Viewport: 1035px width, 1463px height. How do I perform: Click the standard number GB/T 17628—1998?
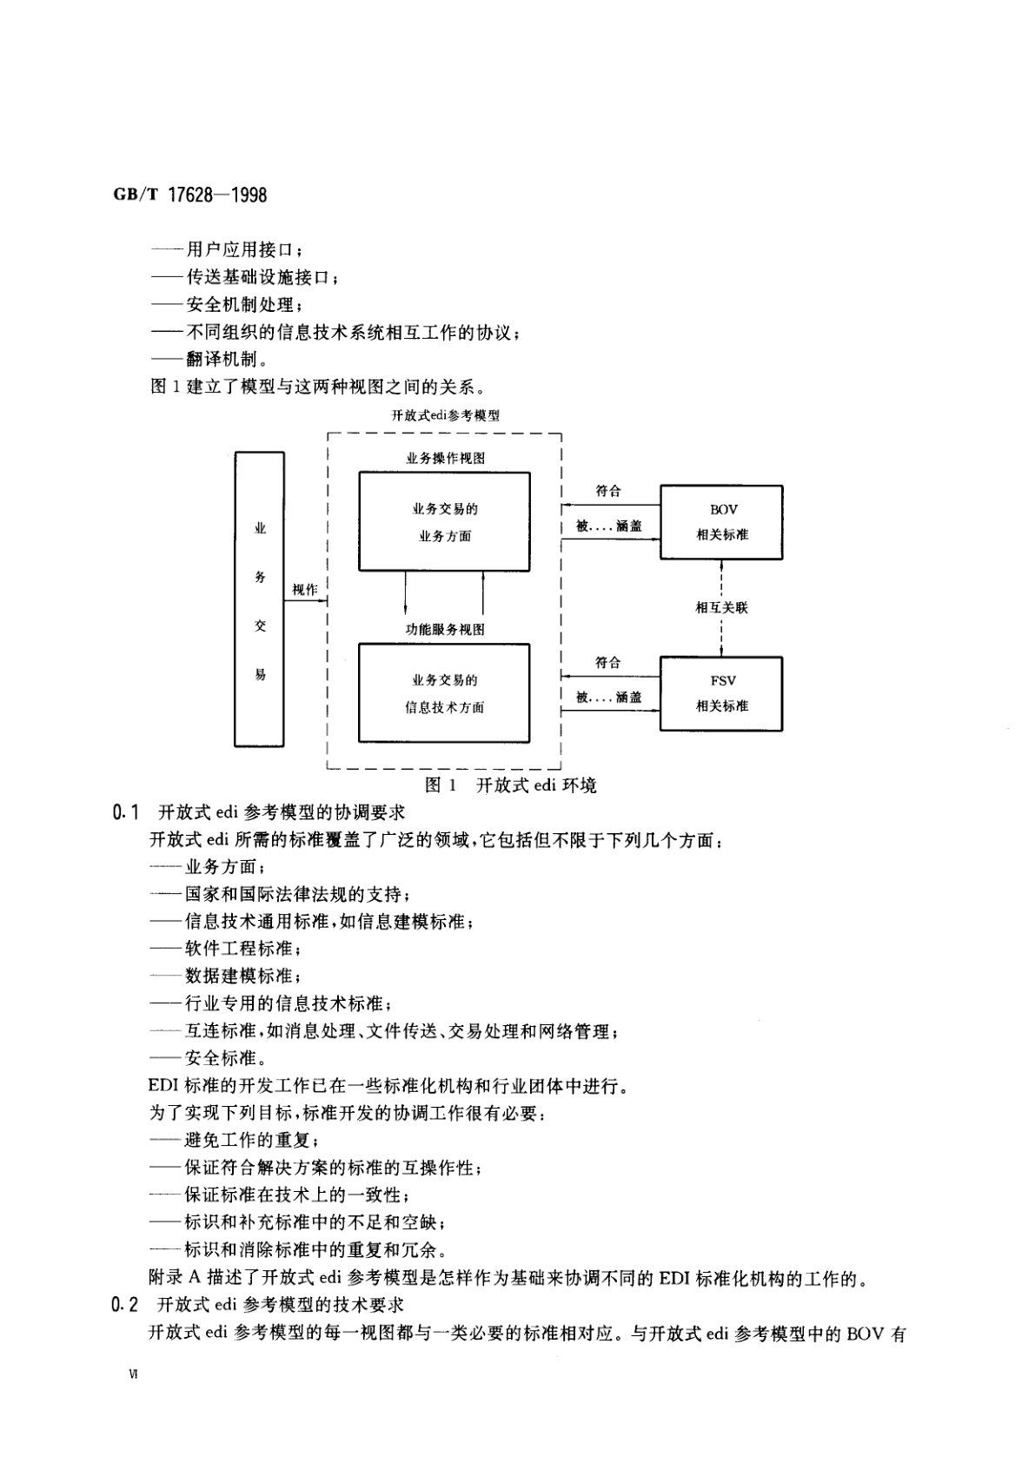(x=189, y=195)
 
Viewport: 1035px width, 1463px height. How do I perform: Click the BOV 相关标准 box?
(x=721, y=522)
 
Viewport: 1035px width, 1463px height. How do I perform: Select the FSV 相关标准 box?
(x=721, y=693)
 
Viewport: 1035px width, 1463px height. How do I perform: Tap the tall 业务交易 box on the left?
(x=259, y=599)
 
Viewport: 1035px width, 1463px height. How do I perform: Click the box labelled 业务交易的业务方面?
(x=444, y=521)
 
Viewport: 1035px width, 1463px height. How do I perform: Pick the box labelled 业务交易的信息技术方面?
(x=444, y=692)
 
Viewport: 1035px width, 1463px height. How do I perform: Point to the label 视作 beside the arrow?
(x=304, y=590)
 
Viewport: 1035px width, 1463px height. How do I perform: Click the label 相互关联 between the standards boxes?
(x=721, y=607)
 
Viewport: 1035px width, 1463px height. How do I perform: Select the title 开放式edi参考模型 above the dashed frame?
(x=445, y=415)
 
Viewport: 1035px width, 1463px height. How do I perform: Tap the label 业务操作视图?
(x=445, y=458)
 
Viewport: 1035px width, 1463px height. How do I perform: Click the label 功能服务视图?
(x=445, y=630)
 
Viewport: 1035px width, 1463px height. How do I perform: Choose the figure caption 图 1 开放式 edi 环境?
(x=510, y=785)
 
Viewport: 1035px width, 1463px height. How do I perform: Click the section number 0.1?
(x=126, y=813)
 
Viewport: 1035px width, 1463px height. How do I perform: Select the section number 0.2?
(x=126, y=1305)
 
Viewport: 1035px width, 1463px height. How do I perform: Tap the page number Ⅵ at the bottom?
(x=132, y=1374)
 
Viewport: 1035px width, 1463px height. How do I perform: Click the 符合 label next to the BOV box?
(x=608, y=491)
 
